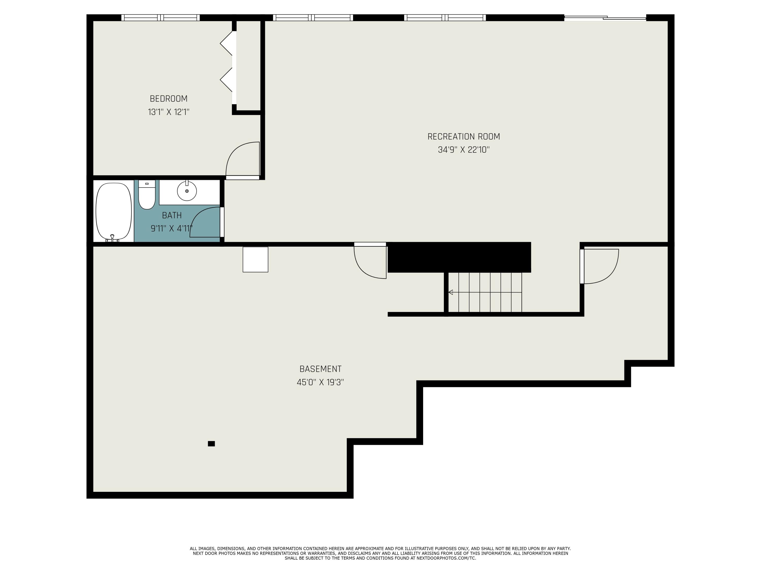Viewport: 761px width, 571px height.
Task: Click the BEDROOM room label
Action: pyautogui.click(x=169, y=99)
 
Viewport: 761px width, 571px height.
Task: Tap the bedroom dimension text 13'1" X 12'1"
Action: pyautogui.click(x=169, y=112)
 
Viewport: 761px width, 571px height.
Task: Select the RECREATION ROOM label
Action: pyautogui.click(x=463, y=137)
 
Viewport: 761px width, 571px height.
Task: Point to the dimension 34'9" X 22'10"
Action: pyautogui.click(x=463, y=150)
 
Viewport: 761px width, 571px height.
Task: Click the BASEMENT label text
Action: pyautogui.click(x=320, y=369)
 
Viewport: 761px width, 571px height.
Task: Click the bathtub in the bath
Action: pyautogui.click(x=114, y=211)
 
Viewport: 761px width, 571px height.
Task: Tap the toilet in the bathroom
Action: pyautogui.click(x=147, y=196)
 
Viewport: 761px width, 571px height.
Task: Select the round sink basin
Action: pyautogui.click(x=187, y=191)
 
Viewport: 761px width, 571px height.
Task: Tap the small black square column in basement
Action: pyautogui.click(x=211, y=444)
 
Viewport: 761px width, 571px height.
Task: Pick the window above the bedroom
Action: pyautogui.click(x=160, y=18)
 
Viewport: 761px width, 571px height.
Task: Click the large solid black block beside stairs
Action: pyautogui.click(x=459, y=257)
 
